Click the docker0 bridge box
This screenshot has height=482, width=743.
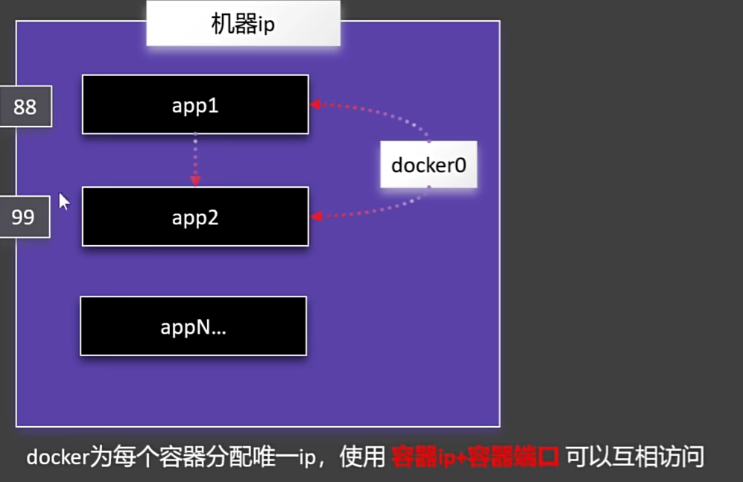pos(429,165)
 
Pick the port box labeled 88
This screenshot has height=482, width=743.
pos(25,107)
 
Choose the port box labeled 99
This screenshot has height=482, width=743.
pos(24,217)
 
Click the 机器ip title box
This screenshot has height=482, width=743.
pos(243,25)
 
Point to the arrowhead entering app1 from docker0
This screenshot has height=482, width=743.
pos(315,104)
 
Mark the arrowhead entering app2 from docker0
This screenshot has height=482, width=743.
pos(315,216)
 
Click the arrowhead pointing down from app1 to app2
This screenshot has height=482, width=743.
pos(195,180)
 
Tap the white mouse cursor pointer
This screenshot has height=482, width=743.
pos(64,201)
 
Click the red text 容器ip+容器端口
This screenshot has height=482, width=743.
pos(475,456)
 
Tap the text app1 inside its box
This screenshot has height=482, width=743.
pos(195,105)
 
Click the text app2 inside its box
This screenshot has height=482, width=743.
pos(195,218)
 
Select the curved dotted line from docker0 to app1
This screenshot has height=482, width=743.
pos(388,113)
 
